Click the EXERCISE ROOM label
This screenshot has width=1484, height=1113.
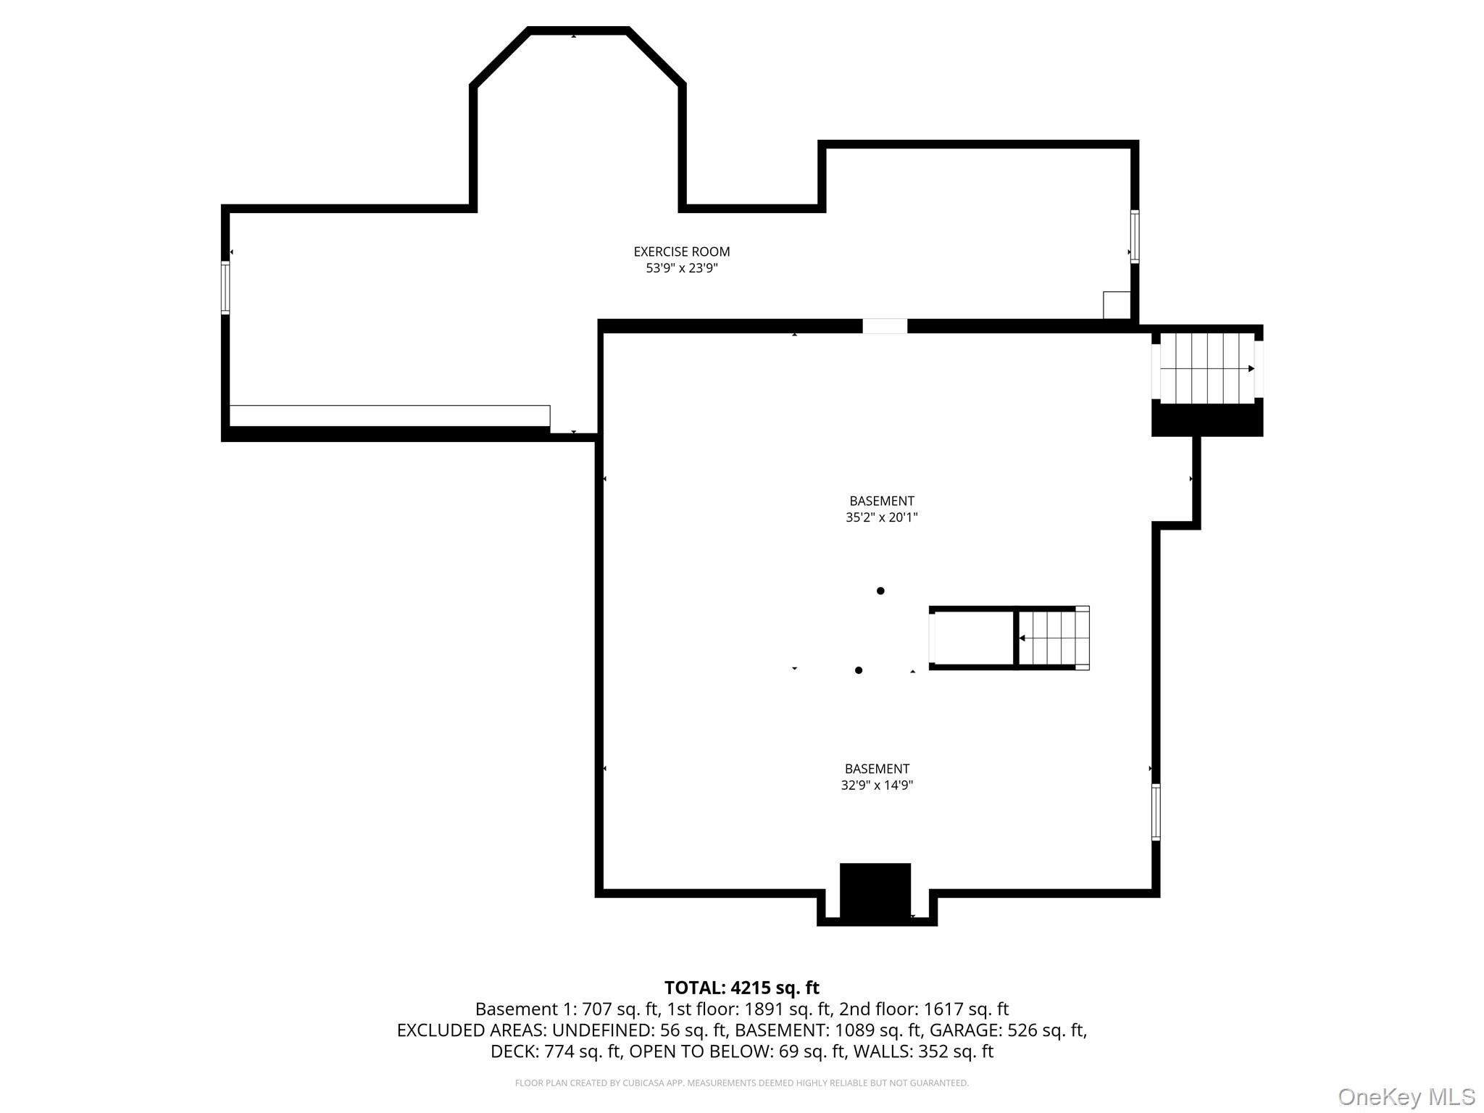pyautogui.click(x=682, y=251)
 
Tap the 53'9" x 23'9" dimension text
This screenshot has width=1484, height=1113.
pyautogui.click(x=682, y=268)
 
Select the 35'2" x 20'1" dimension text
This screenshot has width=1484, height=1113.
pyautogui.click(x=882, y=517)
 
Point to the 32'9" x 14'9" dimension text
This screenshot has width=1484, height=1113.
pyautogui.click(x=877, y=785)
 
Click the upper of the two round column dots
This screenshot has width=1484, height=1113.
pyautogui.click(x=880, y=591)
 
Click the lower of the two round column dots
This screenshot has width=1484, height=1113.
pyautogui.click(x=859, y=670)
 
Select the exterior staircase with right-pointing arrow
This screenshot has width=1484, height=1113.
pyautogui.click(x=1207, y=368)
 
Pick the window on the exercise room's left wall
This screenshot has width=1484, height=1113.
pyautogui.click(x=225, y=288)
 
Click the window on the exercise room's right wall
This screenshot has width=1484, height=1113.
pyautogui.click(x=1135, y=236)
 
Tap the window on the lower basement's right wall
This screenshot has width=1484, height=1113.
pyautogui.click(x=1156, y=812)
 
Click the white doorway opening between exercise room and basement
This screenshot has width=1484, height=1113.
pyautogui.click(x=885, y=326)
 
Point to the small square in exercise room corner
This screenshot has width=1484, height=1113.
pyautogui.click(x=1117, y=305)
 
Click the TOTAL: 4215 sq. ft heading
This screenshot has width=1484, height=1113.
pyautogui.click(x=742, y=988)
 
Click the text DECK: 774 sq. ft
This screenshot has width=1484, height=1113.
pyautogui.click(x=556, y=1051)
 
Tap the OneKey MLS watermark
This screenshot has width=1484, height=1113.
pyautogui.click(x=1406, y=1096)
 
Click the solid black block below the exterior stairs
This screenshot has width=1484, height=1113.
pyautogui.click(x=1207, y=420)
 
